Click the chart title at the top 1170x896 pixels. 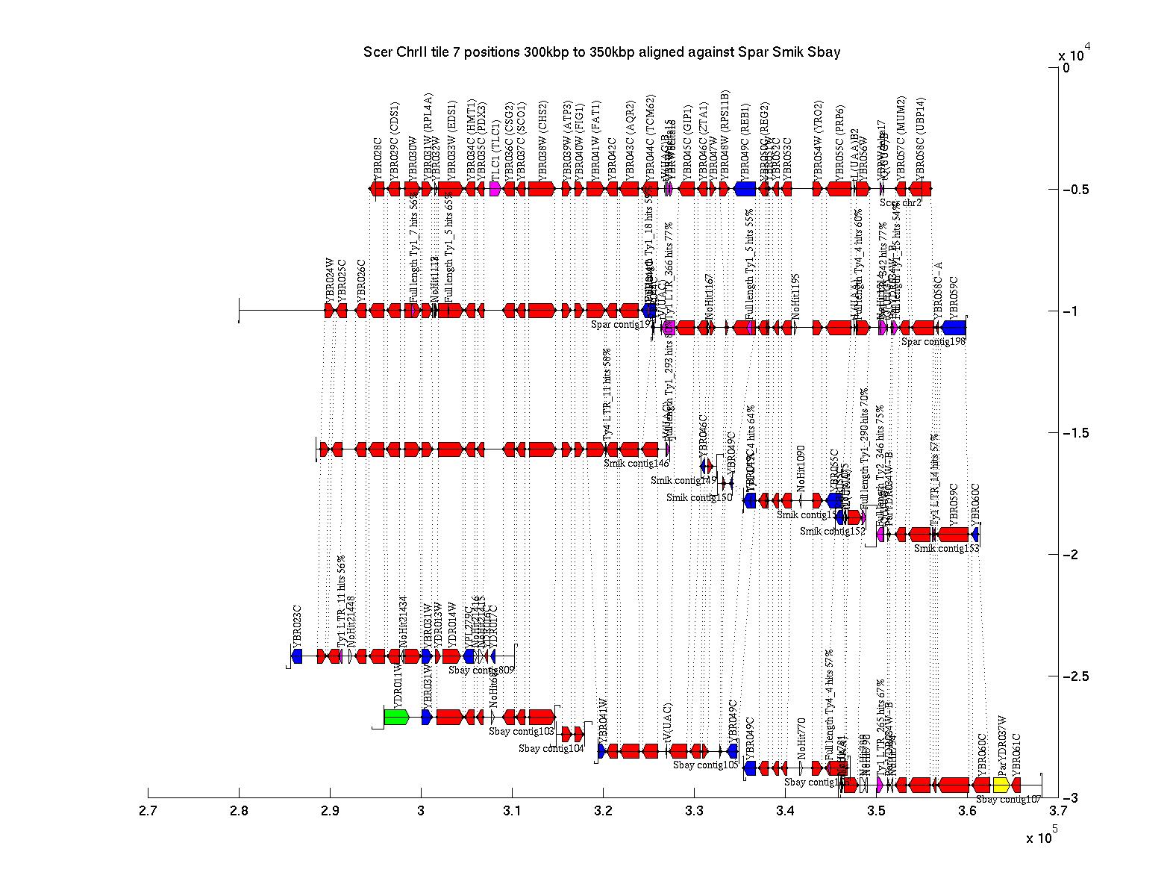601,52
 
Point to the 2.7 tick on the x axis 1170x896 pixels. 148,793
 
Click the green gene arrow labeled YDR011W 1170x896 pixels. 396,717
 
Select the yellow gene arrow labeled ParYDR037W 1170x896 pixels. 1001,785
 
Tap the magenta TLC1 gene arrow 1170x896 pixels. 495,189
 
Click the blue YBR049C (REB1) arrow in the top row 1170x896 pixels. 745,189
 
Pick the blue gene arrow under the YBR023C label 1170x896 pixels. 297,656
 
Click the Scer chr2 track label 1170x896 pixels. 900,202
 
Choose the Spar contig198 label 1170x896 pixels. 933,342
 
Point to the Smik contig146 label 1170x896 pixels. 636,464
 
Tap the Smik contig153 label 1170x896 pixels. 946,549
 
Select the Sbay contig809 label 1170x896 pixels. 481,671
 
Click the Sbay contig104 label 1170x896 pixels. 551,749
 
